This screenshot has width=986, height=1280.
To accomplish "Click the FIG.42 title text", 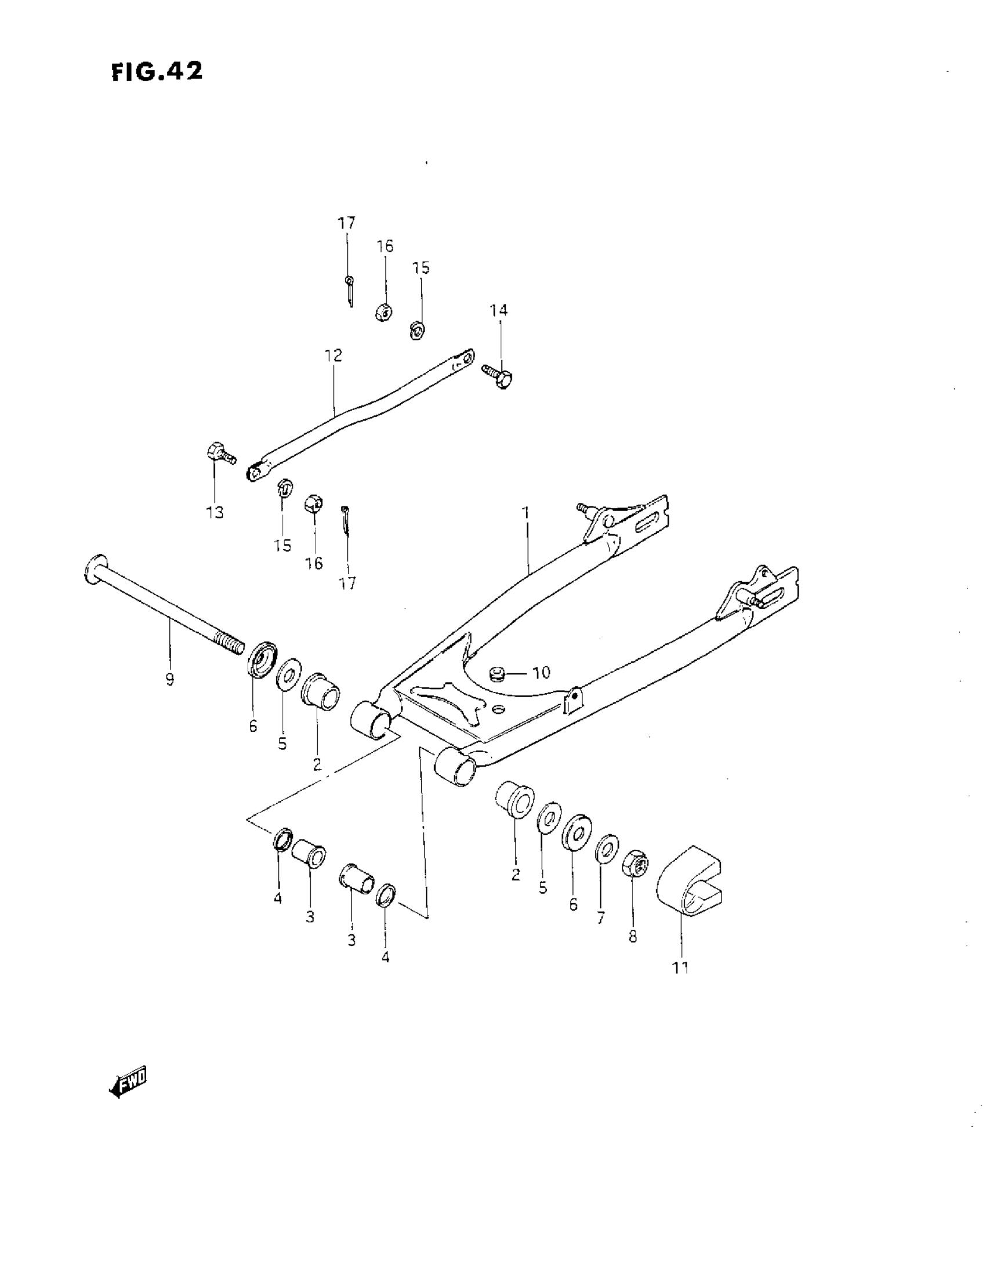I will click(x=157, y=71).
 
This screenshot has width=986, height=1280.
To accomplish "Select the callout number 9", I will click(x=169, y=680).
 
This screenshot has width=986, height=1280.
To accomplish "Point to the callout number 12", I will click(x=333, y=356).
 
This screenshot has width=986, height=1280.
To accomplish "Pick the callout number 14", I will click(x=499, y=310).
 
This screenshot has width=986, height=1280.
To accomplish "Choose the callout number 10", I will click(x=541, y=672).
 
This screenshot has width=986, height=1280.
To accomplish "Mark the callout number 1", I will click(x=526, y=513).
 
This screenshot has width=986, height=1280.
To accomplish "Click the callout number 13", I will click(x=215, y=512).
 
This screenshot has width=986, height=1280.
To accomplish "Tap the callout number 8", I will click(x=633, y=937).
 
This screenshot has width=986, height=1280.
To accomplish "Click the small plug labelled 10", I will click(x=497, y=673).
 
